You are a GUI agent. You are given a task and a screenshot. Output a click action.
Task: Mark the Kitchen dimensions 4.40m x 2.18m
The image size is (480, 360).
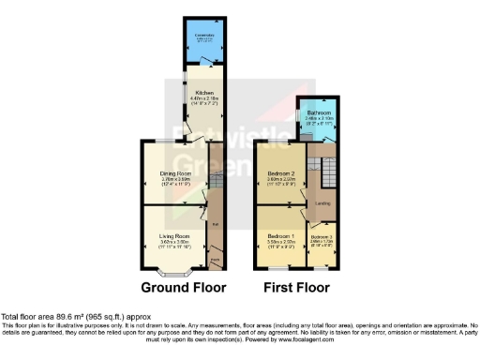(206, 98)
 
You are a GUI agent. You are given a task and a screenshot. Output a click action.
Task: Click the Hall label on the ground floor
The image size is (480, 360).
(215, 223)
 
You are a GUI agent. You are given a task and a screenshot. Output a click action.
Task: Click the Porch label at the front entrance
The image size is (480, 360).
(215, 260)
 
